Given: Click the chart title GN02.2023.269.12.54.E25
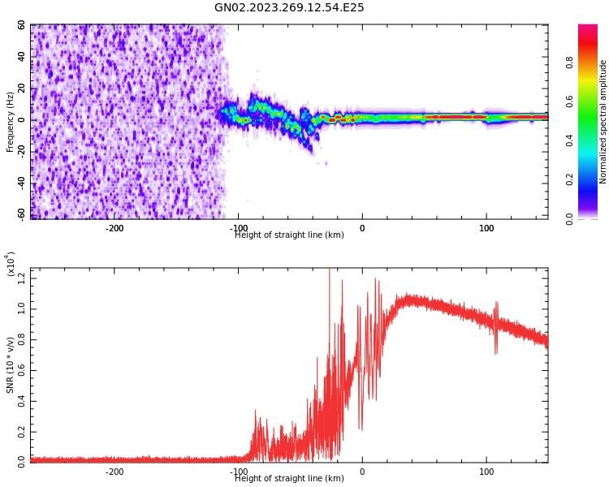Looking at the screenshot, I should [x=289, y=8].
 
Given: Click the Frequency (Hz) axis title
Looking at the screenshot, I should [x=11, y=122].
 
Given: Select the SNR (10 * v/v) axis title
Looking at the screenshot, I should [x=11, y=365].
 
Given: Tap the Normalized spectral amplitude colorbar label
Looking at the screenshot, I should [x=603, y=122].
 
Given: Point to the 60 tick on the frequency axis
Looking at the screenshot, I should [x=21, y=26].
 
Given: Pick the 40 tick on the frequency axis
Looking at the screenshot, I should [x=21, y=57].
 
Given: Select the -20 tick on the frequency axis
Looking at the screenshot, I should [x=19, y=151].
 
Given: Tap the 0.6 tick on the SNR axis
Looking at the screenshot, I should [x=21, y=370].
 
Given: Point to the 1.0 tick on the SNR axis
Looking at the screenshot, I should [x=21, y=310].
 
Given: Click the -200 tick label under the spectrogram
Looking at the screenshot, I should [x=114, y=228].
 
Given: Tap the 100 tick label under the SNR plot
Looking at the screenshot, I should [x=486, y=472].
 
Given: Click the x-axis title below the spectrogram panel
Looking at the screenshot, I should [x=289, y=235].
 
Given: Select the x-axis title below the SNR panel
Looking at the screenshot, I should [x=289, y=479].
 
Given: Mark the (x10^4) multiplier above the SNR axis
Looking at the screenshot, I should [x=11, y=265].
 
